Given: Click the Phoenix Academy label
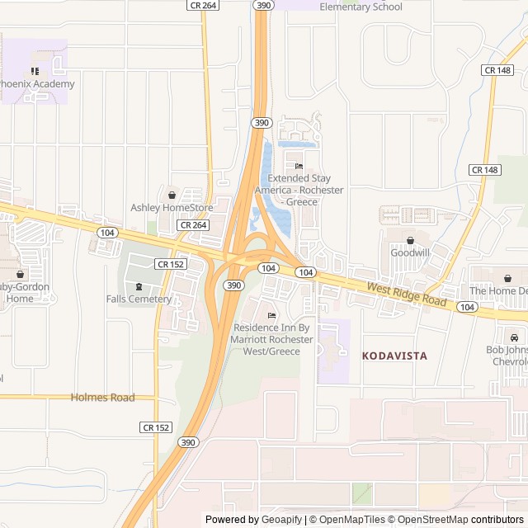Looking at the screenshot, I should coord(37,83).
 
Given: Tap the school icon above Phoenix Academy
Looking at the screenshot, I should coord(35,71).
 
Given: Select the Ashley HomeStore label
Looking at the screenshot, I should coord(172,208).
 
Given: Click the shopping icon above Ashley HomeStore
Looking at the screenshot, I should coord(172,196).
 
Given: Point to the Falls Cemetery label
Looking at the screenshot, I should coord(138,299).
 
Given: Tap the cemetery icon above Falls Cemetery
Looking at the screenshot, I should coord(138,286).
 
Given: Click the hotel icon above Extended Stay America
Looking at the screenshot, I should coord(299,166).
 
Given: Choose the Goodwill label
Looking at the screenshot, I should coord(410,252).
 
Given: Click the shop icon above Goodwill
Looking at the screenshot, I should coord(410,240).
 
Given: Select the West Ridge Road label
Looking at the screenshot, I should coord(407,292).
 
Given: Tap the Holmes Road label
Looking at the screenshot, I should coord(102,398).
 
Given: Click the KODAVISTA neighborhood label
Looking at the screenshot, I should coord(394,355).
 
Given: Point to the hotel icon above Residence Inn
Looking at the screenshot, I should coord(271,316).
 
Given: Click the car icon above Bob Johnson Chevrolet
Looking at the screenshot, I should coord(514,337).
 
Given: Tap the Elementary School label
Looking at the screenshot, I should coord(361,7).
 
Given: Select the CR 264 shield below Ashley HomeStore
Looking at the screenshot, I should coord(192,224).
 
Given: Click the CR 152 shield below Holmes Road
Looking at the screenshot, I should coord(156,427).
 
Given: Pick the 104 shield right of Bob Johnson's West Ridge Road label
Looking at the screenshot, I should coord(467,307).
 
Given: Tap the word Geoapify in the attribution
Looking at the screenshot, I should coord(283,520).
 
